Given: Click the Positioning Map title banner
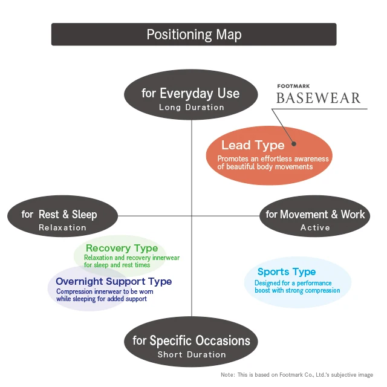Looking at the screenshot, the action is pos(193,34).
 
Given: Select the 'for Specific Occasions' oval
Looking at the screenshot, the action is pos(191,345).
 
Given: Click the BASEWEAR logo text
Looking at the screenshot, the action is pos(318,98).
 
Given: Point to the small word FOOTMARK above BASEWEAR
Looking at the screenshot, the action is pos(292,86).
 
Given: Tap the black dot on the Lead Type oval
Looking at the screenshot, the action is pos(294,144).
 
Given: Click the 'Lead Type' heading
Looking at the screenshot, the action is pos(253,145).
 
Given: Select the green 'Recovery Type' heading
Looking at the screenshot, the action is pos(122,248).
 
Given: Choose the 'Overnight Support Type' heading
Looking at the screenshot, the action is pos(114,281).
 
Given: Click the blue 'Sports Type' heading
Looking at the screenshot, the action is pos(287,272).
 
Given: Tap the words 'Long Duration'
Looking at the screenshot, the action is pos(191,108).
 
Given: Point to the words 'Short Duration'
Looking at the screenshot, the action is pos(191,354).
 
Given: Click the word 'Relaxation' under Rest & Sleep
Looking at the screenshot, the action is pos(62,228).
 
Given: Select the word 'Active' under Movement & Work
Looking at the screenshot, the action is pos(315,228).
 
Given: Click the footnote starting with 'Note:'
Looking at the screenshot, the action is pos(296,375).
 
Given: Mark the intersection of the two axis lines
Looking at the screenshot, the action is pos(192,215).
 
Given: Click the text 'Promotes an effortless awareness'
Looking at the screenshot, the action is pos(273,159).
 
